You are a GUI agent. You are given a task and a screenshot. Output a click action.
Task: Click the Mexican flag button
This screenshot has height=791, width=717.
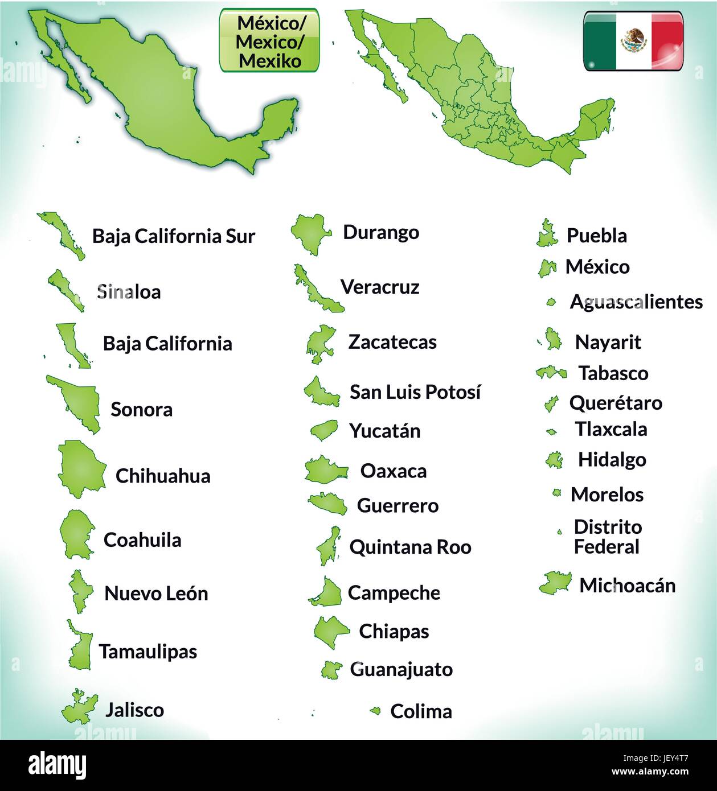[x=633, y=41]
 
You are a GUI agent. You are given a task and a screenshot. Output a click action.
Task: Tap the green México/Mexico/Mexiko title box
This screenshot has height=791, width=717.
[x=269, y=40]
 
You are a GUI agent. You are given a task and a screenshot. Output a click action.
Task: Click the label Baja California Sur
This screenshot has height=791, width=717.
[x=174, y=236]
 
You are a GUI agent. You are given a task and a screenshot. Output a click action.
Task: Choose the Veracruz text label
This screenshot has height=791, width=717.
[x=380, y=287]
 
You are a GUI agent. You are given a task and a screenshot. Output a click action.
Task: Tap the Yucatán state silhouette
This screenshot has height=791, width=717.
[x=324, y=430]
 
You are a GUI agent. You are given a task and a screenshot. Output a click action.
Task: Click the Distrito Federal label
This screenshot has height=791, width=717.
[x=608, y=537]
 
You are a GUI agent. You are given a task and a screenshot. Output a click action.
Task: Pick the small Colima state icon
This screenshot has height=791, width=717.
[x=375, y=710]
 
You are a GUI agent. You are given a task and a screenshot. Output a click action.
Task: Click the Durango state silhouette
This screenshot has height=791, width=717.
[x=311, y=232]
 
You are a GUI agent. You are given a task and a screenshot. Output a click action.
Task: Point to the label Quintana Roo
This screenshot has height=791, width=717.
[x=410, y=547]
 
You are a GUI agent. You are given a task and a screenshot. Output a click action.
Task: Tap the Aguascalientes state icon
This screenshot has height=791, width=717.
[x=551, y=302]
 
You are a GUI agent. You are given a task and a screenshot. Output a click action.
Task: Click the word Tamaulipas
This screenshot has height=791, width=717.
[x=148, y=651]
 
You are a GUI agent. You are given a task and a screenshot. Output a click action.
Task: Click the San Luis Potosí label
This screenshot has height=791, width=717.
[x=415, y=392]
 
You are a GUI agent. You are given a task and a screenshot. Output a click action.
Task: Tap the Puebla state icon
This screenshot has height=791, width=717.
[x=547, y=234]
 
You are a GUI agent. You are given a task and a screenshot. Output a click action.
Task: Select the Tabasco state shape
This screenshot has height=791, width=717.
[x=551, y=373]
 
